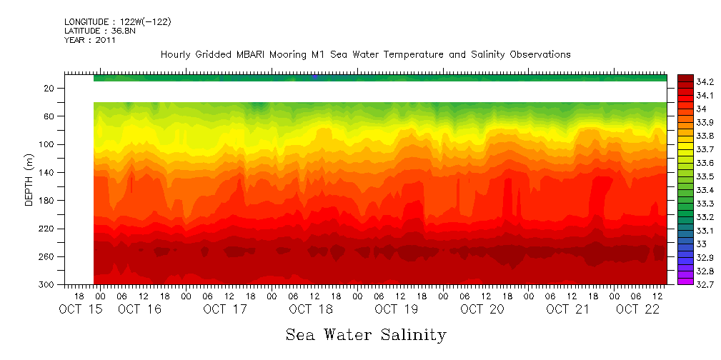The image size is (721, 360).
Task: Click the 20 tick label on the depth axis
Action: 50,88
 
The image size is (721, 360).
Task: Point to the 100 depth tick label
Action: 48,144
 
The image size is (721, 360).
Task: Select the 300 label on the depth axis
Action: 48,284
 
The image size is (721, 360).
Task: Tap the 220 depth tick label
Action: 48,229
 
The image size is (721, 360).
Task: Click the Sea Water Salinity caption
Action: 366,334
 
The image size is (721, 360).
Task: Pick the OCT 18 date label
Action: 311,309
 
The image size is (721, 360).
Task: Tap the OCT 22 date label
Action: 637,309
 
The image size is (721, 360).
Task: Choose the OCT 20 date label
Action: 482,309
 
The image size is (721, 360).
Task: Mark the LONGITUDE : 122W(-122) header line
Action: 117,22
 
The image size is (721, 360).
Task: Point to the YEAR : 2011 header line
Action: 89,40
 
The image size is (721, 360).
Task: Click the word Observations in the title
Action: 537,54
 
